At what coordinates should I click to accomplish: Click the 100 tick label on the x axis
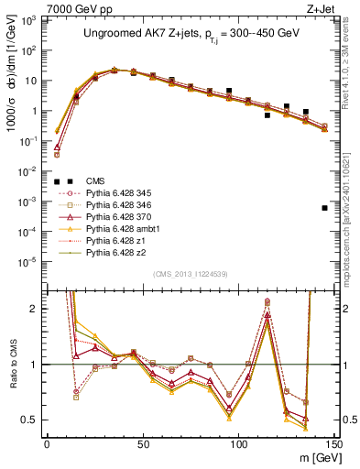[238, 443]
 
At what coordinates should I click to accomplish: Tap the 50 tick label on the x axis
[142, 443]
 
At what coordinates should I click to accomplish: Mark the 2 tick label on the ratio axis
[37, 309]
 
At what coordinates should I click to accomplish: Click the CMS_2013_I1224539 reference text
[188, 273]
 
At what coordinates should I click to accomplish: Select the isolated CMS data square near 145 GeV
[325, 208]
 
